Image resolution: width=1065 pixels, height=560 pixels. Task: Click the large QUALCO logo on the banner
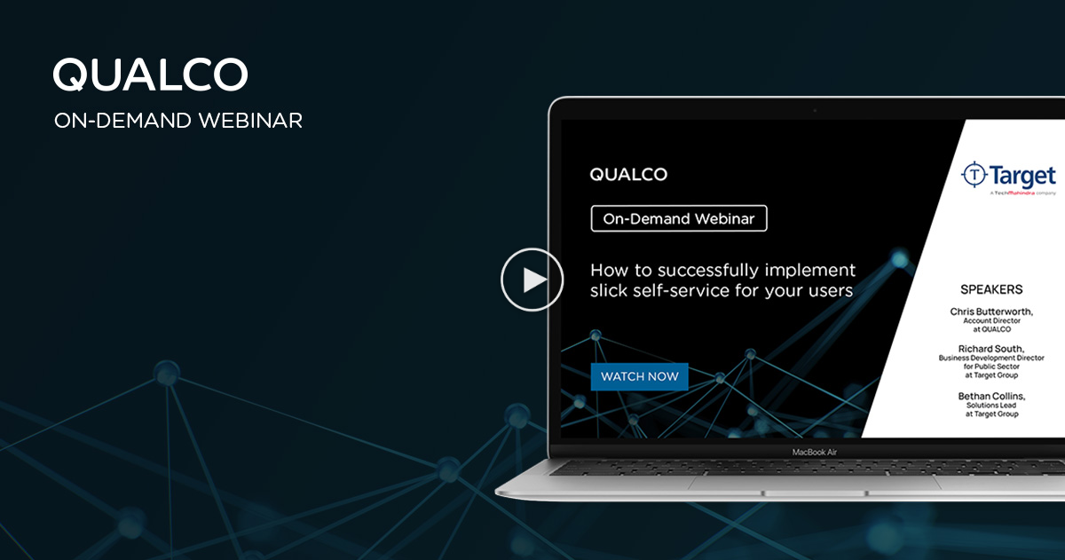click(x=150, y=75)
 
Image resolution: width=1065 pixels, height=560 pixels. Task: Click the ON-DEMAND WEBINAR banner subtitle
click(x=177, y=121)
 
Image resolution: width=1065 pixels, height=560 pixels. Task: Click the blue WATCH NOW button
click(x=639, y=376)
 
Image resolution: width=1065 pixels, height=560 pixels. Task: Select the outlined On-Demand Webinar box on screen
click(x=679, y=219)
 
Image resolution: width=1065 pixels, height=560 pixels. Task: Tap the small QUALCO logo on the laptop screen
click(x=628, y=175)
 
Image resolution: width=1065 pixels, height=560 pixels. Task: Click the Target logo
click(x=1009, y=176)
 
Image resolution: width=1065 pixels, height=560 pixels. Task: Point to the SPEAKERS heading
click(x=991, y=289)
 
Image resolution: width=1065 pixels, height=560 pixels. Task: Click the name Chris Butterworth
click(x=991, y=312)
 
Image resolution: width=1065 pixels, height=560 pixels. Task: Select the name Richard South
click(x=991, y=349)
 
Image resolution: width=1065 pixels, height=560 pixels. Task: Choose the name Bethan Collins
click(x=991, y=396)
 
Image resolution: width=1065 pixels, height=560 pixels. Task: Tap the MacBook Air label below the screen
click(x=815, y=452)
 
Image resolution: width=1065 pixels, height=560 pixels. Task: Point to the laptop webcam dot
click(x=815, y=110)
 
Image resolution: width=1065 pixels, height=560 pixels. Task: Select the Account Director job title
click(x=992, y=321)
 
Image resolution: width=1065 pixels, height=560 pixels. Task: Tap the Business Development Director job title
click(x=992, y=358)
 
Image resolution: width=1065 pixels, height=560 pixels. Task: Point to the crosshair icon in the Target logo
click(x=974, y=174)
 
